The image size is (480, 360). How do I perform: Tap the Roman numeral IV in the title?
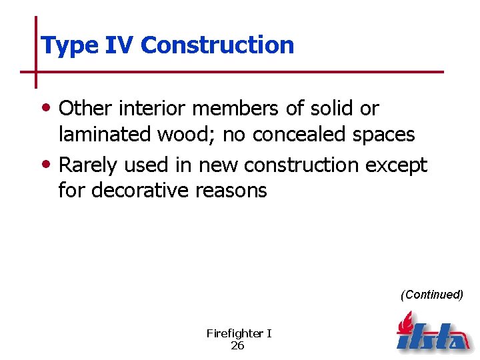[120, 45]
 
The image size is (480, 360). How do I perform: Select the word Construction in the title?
[217, 45]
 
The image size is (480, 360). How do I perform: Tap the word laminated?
[105, 135]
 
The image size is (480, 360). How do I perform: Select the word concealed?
[302, 135]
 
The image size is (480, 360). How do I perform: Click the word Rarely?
[87, 164]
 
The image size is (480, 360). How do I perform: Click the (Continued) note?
[431, 295]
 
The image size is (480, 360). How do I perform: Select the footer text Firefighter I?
[239, 333]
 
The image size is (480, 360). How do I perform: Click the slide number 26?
[237, 345]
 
